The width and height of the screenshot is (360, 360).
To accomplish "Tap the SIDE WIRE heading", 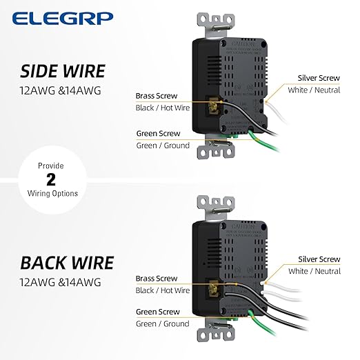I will click(63, 71).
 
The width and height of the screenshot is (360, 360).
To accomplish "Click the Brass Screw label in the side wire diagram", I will click(157, 96).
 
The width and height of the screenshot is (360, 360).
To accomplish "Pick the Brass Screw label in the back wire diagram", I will click(157, 279).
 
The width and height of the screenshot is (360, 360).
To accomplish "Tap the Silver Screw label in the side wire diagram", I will click(319, 78).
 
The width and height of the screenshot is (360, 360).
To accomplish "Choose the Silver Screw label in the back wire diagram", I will click(319, 259).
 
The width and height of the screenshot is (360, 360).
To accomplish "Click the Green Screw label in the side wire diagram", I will click(157, 134).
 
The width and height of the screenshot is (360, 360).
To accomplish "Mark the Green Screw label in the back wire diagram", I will click(157, 312).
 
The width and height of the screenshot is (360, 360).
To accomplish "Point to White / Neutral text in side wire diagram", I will click(319, 90).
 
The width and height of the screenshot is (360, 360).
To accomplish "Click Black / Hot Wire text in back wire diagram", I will click(163, 290).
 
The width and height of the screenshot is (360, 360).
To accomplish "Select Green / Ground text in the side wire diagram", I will click(163, 146).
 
